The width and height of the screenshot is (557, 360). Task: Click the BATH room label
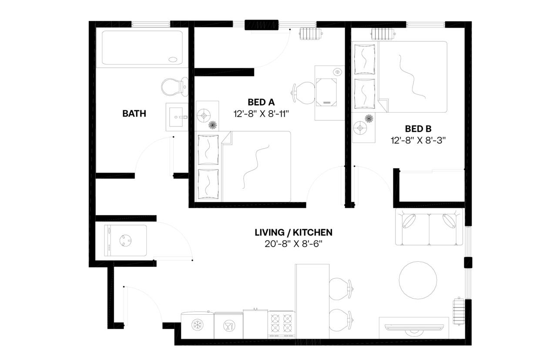coord(134,114)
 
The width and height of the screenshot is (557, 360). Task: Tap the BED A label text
coord(261,102)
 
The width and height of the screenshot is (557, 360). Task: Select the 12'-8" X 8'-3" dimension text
coord(419,140)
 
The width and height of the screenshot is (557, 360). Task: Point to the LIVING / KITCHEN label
coord(293,233)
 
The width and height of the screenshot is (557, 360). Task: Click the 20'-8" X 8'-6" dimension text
coord(293,244)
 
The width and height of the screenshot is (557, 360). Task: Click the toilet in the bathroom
coord(173,87)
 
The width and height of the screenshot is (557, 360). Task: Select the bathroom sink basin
coord(176,117)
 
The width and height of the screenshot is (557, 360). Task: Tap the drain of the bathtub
coord(173,60)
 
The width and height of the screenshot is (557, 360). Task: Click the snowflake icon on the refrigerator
coord(197,324)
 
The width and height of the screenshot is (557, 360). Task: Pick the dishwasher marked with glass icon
coord(228,325)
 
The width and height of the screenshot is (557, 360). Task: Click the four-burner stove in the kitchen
coord(282,324)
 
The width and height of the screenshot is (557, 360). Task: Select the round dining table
coord(418,280)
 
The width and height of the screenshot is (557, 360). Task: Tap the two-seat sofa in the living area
coord(429,227)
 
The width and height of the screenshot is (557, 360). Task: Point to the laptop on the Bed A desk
coord(327,92)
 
